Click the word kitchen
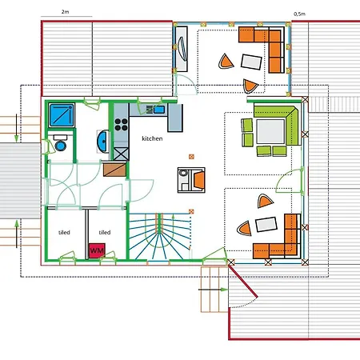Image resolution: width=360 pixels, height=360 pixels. [x=152, y=138]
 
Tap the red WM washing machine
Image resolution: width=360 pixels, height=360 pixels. [x=97, y=250]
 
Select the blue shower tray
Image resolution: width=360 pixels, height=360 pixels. [x=62, y=115]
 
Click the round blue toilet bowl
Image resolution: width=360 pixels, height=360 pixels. [x=61, y=146]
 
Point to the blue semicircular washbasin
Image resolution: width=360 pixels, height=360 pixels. [x=102, y=142]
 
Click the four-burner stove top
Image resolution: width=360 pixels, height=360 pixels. [x=121, y=125]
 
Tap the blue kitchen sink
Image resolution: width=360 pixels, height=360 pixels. [x=159, y=110]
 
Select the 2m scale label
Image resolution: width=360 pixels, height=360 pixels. [x=65, y=12]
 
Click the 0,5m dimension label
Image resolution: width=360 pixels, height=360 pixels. [x=299, y=14]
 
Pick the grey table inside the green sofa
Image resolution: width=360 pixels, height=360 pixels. [x=270, y=131]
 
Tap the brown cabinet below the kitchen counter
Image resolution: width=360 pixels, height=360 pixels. [x=114, y=170]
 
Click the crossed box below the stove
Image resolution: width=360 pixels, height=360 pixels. [x=121, y=154]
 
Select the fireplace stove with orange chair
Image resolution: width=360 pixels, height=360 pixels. [x=191, y=180]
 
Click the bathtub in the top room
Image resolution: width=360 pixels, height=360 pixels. [x=182, y=49]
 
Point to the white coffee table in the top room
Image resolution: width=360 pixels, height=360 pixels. [x=251, y=62]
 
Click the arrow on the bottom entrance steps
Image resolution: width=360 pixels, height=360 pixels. [x=214, y=290]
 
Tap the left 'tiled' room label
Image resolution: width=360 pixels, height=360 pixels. [x=64, y=232]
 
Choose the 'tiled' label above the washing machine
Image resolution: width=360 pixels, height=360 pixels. [x=105, y=232]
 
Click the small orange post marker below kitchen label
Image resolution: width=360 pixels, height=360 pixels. [x=191, y=157]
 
